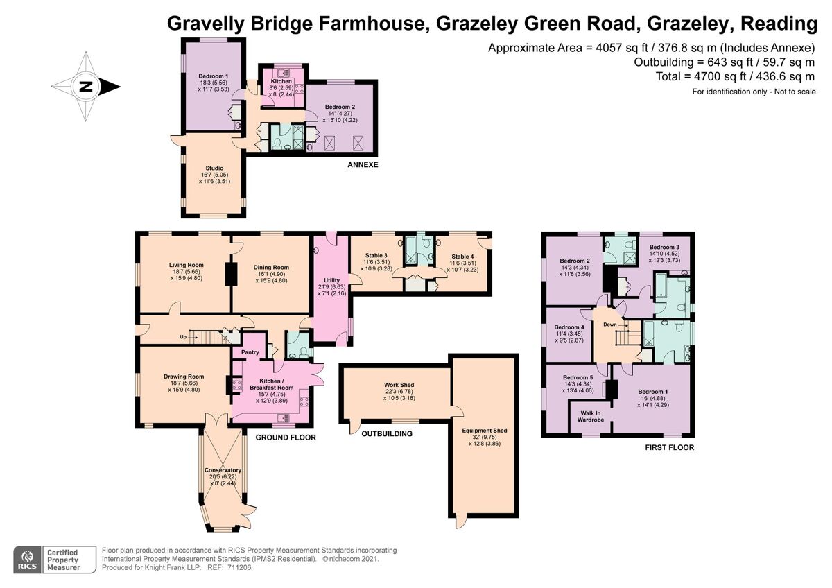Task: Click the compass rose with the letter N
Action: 86,87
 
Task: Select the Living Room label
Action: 186,264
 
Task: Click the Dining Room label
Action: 271,267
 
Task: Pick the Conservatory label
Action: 223,471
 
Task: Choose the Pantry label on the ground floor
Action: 250,352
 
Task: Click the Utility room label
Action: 331,279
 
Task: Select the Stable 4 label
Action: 463,256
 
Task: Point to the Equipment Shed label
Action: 485,431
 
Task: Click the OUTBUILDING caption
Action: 385,434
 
